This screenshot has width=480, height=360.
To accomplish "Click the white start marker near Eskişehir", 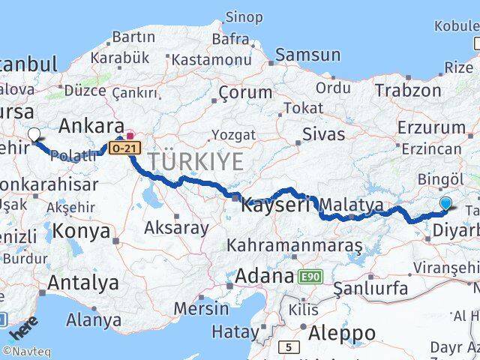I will tap(34, 135).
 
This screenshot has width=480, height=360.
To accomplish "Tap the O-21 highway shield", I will tap(123, 148).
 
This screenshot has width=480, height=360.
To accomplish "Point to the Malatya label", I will tap(351, 205).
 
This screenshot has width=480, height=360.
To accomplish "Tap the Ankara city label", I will tap(91, 125).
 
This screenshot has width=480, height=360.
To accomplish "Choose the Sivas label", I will tap(323, 134).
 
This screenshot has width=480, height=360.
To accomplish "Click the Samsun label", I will tap(307, 54).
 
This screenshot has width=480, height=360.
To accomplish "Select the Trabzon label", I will tap(408, 90).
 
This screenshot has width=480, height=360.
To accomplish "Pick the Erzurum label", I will tap(431, 127).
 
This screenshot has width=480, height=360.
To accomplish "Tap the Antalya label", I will tap(82, 283).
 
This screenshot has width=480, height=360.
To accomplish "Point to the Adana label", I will tap(263, 276).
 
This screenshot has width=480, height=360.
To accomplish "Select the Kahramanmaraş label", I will tap(294, 245).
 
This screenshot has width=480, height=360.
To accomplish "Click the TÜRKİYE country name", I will tap(195, 161).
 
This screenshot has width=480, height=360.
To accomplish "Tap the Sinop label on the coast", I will tap(244, 16).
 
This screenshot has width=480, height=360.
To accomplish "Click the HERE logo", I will tap(24, 328).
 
